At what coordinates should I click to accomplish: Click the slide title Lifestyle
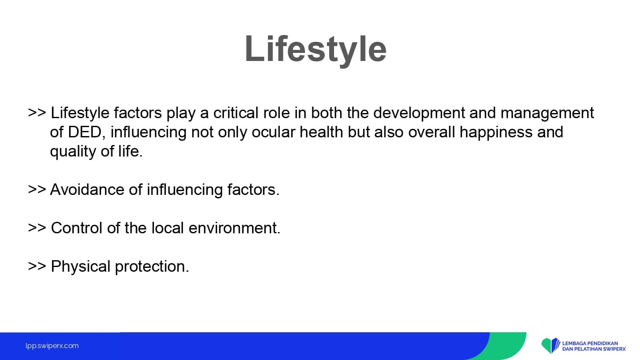point(315,49)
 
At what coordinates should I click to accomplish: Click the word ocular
point(273,132)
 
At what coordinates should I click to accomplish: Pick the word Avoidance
point(87,189)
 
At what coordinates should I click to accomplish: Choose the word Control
point(76,228)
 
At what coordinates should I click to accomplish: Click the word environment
point(234,228)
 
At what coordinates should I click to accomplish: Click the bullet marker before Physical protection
point(37,266)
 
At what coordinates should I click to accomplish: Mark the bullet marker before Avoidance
point(37,189)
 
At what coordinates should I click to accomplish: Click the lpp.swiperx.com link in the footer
point(52,346)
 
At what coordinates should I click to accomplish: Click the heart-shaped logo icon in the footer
point(550,345)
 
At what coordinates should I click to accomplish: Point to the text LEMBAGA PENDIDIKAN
point(590,343)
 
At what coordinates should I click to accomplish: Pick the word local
point(167,228)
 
